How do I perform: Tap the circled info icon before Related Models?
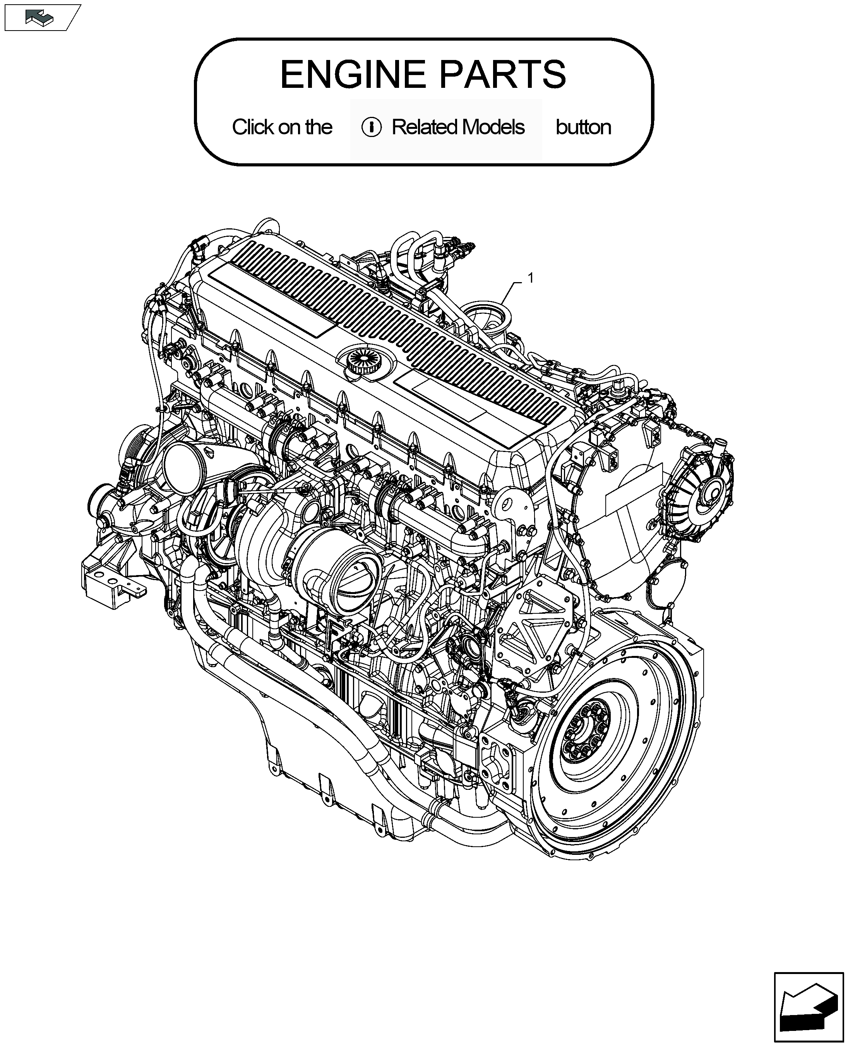pyautogui.click(x=371, y=127)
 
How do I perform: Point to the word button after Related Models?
pyautogui.click(x=583, y=127)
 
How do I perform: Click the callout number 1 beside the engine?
pyautogui.click(x=531, y=278)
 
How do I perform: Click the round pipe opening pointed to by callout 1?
pyautogui.click(x=487, y=315)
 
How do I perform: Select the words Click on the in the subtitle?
pyautogui.click(x=282, y=127)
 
